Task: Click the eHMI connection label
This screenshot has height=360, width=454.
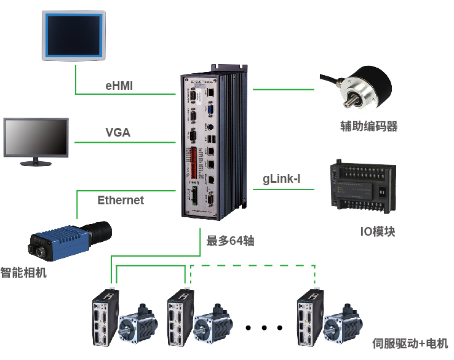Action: pos(119,86)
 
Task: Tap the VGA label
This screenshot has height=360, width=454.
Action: pos(117,132)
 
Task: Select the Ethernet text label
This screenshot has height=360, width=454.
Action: pos(121,200)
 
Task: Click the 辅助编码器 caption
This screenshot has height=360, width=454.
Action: pos(368,127)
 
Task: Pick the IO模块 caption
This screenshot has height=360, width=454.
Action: pos(377,231)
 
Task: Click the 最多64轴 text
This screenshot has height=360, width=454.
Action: pos(230,241)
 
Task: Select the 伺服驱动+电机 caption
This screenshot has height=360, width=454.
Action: pos(410,343)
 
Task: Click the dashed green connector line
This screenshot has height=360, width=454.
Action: pos(252,265)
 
